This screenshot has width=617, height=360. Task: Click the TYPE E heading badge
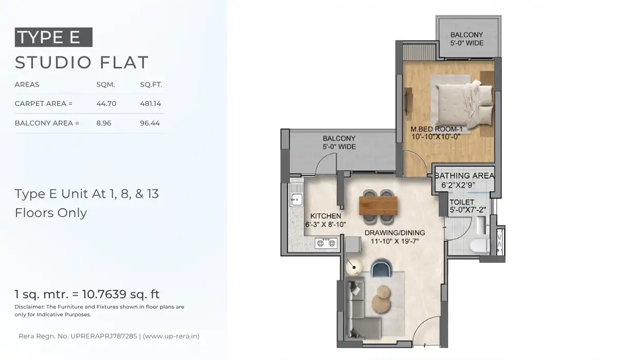point(53,38)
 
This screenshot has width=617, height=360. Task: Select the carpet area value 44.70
point(106,104)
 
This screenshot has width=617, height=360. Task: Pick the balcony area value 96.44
point(150,123)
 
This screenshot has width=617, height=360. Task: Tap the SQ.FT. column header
point(151,85)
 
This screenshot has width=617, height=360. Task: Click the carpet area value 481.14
point(151,104)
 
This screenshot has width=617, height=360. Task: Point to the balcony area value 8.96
point(104,123)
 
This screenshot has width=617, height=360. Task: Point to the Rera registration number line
point(109,336)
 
